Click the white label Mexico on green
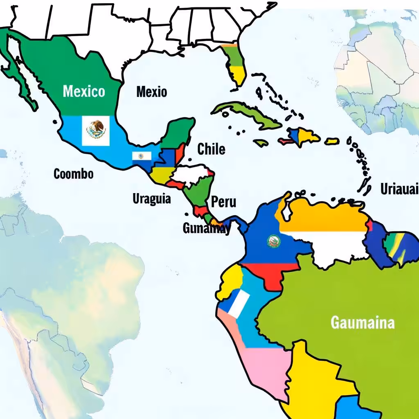[x=84, y=91]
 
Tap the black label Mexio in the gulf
[x=151, y=91]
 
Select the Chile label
[x=211, y=149]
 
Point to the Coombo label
[x=74, y=173]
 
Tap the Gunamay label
[x=206, y=228]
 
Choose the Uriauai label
[x=399, y=189]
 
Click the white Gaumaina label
[x=363, y=322]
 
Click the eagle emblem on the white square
[x=96, y=131]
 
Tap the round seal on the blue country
[x=273, y=241]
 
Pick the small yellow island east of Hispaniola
[x=332, y=141]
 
